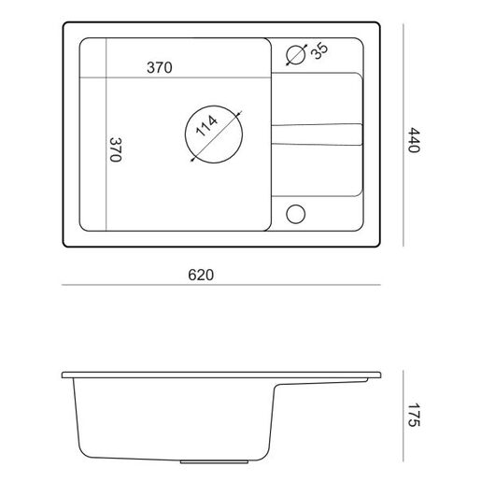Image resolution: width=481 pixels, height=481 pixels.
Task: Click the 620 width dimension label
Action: [201, 275]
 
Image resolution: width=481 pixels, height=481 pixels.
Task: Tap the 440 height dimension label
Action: [414, 140]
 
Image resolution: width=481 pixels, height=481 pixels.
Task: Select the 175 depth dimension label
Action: [414, 415]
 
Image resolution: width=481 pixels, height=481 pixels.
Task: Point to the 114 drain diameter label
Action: [206, 126]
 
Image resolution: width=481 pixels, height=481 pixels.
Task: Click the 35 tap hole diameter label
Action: [319, 51]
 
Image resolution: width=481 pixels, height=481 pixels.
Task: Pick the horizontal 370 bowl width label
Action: [160, 67]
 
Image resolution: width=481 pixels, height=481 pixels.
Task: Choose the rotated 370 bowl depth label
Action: [116, 149]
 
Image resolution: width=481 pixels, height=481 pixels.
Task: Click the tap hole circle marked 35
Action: [295, 55]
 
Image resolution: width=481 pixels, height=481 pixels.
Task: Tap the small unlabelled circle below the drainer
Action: [295, 214]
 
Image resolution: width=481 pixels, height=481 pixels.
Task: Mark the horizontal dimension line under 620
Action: [221, 285]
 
